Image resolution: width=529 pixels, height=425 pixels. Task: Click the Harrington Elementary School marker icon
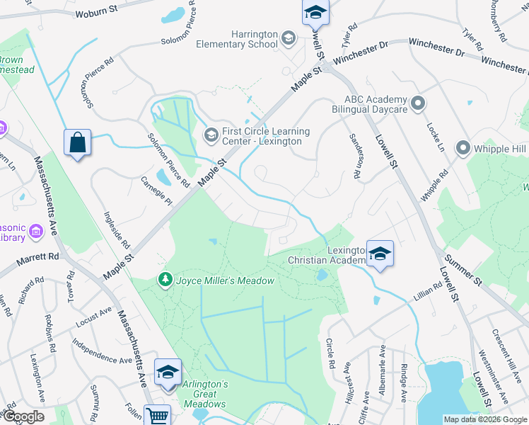[x=288, y=38]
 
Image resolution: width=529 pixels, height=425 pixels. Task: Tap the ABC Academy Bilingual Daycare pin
[x=418, y=103]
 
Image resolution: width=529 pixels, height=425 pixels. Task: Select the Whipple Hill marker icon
[x=463, y=148]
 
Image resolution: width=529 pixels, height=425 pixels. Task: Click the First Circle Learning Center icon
[x=211, y=134]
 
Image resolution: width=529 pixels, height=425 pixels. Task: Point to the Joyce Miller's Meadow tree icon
[x=165, y=280]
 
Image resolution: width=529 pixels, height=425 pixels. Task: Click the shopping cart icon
[x=157, y=416]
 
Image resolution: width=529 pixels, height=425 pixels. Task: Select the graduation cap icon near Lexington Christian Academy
[x=380, y=254]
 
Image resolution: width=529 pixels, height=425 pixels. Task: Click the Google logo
[x=23, y=416]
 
